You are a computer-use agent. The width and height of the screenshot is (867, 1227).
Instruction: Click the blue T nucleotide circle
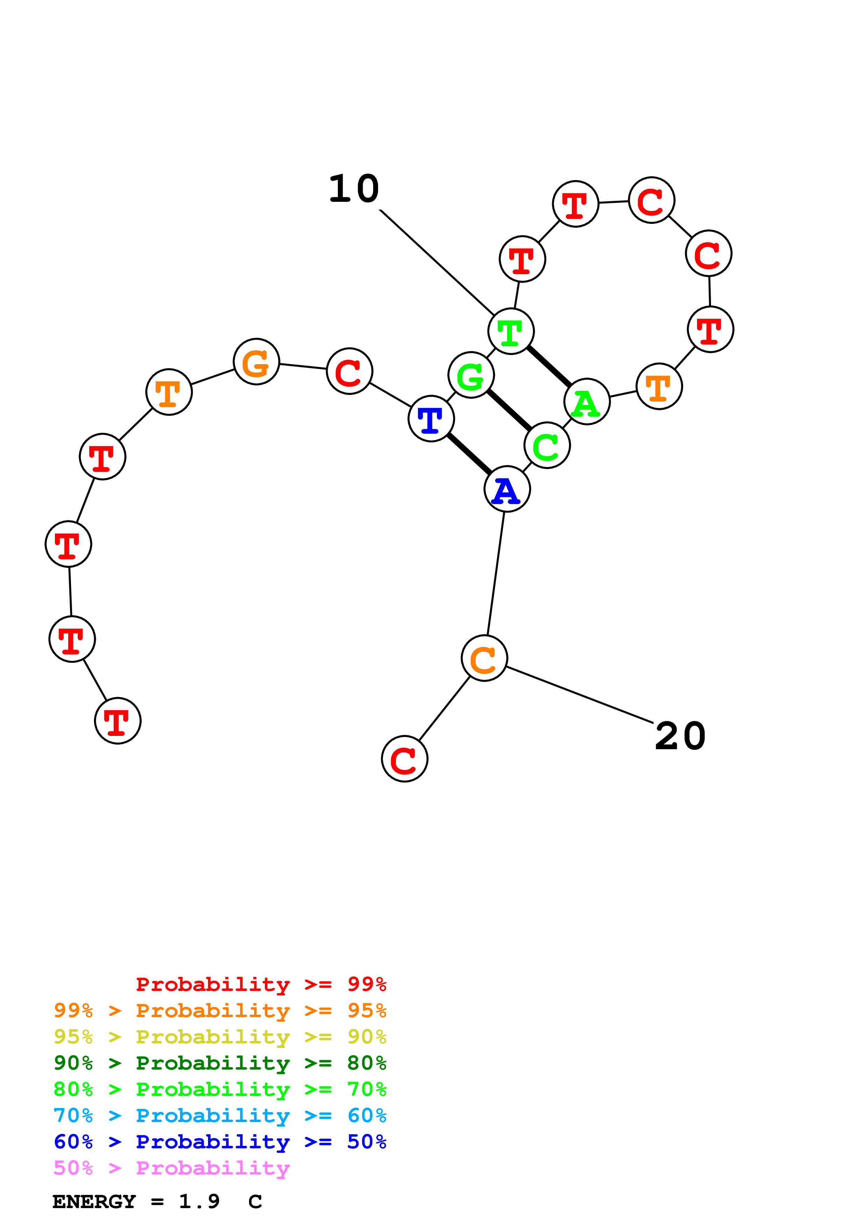click(431, 418)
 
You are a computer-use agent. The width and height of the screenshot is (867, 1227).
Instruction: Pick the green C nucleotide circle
click(547, 445)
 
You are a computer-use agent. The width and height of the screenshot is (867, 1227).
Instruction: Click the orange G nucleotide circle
click(256, 362)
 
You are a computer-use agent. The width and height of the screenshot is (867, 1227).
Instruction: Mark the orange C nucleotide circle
click(484, 658)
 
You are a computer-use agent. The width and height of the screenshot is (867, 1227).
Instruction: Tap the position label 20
click(680, 736)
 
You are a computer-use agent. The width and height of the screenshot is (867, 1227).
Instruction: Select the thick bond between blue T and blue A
click(469, 454)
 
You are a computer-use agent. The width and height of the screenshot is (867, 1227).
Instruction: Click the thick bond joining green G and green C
click(509, 410)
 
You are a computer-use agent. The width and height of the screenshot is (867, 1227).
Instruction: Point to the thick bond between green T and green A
click(549, 367)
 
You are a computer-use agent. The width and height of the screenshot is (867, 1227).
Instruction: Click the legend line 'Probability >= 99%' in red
click(261, 984)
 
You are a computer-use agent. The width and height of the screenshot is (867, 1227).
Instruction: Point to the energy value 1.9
click(199, 1202)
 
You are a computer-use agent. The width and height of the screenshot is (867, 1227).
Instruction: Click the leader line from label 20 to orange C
click(580, 695)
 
